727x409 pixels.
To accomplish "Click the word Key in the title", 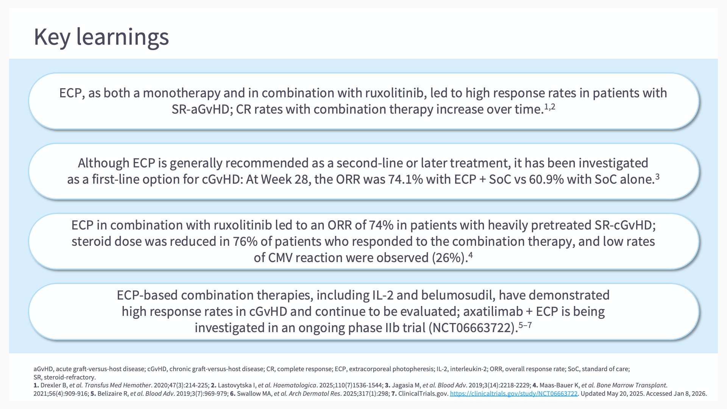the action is (x=52, y=37).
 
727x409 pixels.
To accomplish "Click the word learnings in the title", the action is (x=123, y=37).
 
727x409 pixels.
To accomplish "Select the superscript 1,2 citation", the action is (x=550, y=107).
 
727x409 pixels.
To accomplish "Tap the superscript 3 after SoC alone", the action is (x=657, y=176).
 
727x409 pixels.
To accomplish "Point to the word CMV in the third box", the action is (x=280, y=258).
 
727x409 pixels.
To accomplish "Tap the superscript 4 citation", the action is (x=471, y=255).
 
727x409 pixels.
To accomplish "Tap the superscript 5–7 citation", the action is (x=525, y=325).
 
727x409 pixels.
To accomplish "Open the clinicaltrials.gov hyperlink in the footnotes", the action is (x=514, y=394).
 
